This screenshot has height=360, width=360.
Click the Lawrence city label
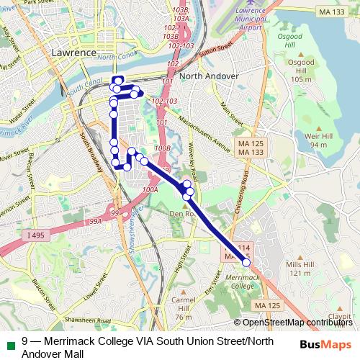[x=74, y=53]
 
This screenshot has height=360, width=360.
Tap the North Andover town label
[x=210, y=76]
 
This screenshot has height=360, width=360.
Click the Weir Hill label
[x=317, y=140]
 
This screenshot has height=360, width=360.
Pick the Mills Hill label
[x=300, y=269]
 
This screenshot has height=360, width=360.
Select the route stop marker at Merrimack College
[x=246, y=263]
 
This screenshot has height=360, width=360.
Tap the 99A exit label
[x=96, y=222]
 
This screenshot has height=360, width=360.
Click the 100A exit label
[x=150, y=190]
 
